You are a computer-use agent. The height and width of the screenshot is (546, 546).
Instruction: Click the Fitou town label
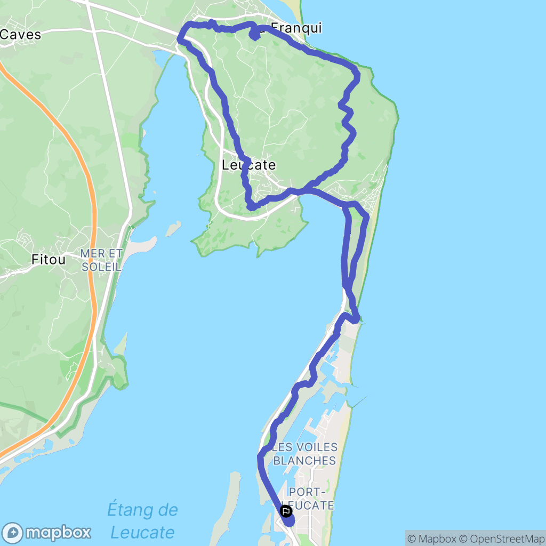pyautogui.click(x=49, y=260)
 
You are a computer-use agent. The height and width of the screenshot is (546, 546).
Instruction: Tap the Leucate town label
pyautogui.click(x=249, y=166)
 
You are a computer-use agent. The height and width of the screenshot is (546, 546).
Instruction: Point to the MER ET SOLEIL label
pyautogui.click(x=102, y=260)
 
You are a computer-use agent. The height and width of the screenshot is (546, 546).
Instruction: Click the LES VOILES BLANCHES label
pyautogui.click(x=304, y=454)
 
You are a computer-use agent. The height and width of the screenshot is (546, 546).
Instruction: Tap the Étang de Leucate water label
pyautogui.click(x=142, y=521)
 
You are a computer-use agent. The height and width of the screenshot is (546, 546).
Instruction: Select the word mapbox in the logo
pyautogui.click(x=58, y=532)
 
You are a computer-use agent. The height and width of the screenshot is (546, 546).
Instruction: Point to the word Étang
pyautogui.click(x=142, y=510)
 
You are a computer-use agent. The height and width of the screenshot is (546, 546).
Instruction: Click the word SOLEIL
pyautogui.click(x=102, y=266)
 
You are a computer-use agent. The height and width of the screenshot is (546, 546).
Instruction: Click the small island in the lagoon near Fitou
pyautogui.click(x=173, y=229)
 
